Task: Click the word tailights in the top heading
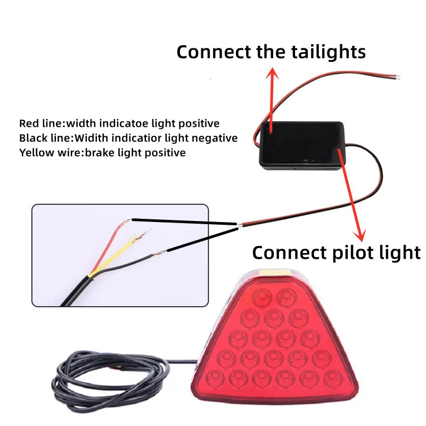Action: click(x=329, y=52)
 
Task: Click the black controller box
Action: click(x=302, y=146)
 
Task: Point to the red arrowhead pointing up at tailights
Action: click(x=272, y=73)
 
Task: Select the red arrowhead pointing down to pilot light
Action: click(x=360, y=235)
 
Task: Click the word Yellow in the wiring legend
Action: click(x=36, y=153)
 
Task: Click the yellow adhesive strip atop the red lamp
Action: click(x=275, y=272)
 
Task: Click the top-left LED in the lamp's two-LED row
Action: click(x=262, y=297)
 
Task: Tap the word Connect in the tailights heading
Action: click(x=214, y=52)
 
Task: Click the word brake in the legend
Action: click(x=99, y=153)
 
